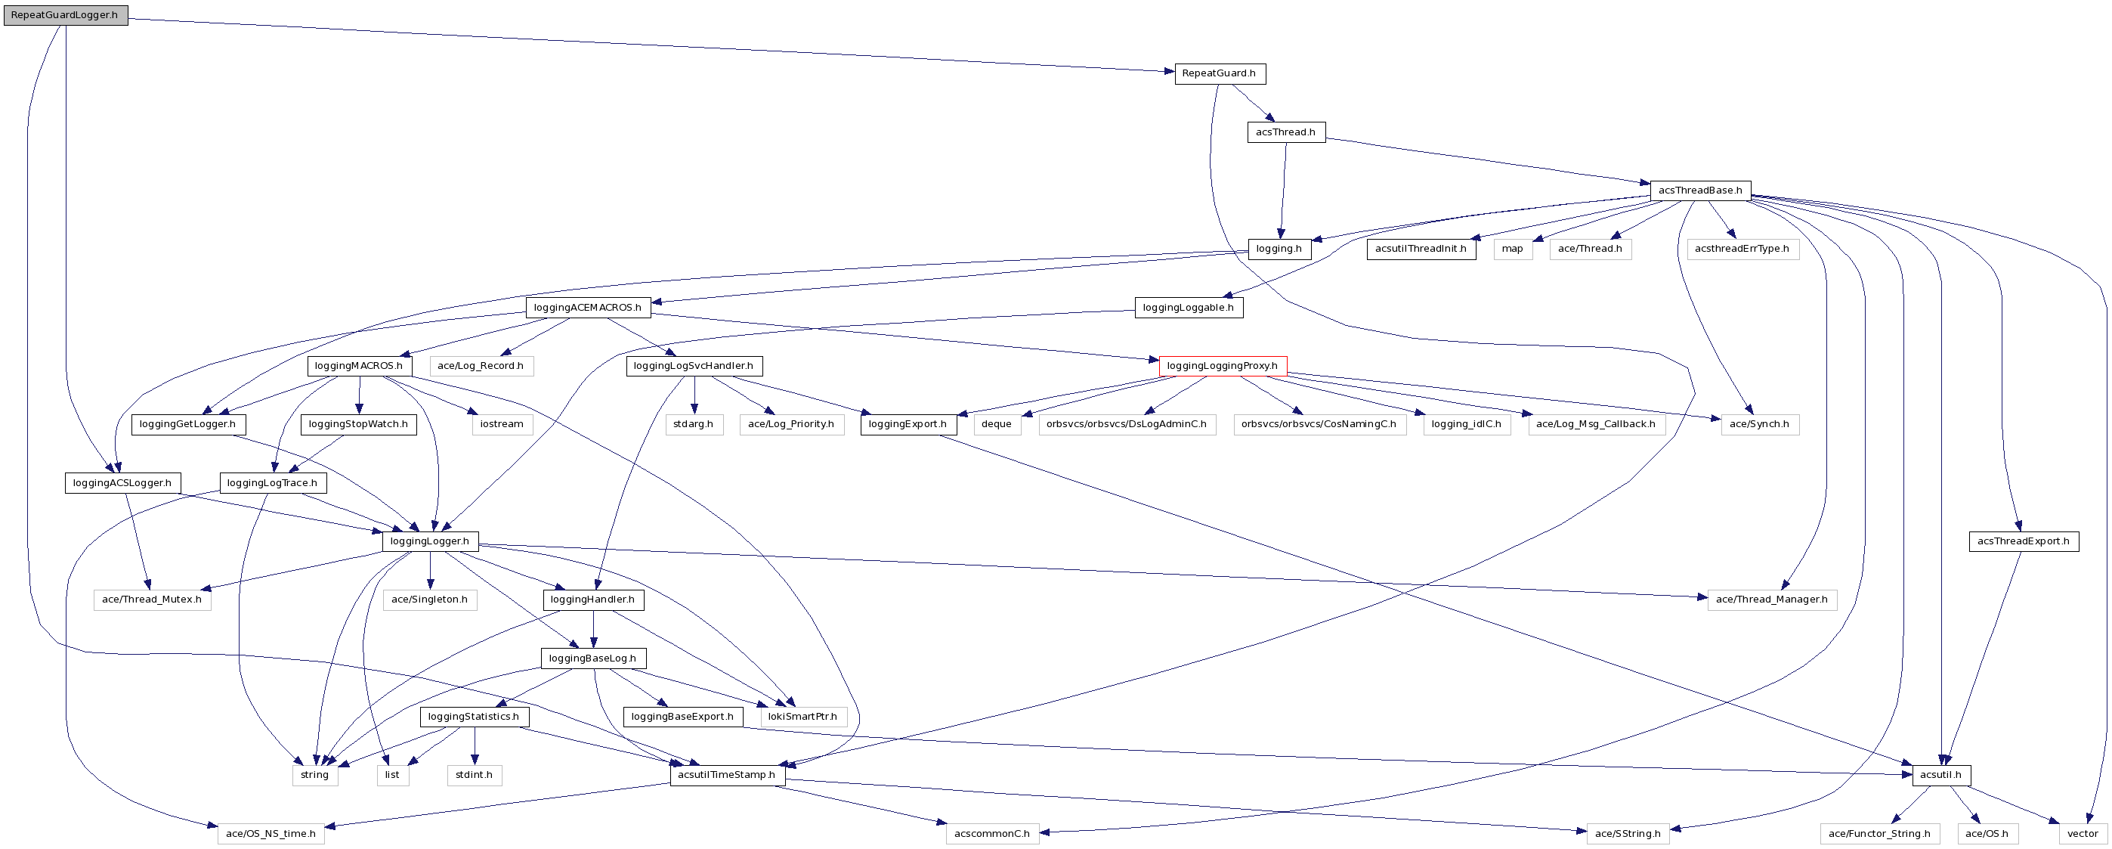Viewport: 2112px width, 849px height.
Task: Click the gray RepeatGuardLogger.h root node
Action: coord(65,15)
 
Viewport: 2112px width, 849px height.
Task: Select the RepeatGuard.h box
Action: coord(1219,73)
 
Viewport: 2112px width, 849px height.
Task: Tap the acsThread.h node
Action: coord(1285,132)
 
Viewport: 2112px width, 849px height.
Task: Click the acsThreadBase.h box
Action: coord(1699,191)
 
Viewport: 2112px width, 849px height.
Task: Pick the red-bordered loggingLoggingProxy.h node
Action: coord(1222,366)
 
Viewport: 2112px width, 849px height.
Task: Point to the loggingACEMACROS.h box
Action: coord(588,308)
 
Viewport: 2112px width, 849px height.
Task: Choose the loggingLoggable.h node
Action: coord(1188,308)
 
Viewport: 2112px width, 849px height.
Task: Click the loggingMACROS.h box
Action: coord(359,366)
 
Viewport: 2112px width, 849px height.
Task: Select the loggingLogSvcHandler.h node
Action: coord(694,366)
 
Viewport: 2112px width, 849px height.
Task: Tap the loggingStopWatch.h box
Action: coord(358,424)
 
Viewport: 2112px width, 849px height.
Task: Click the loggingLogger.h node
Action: coord(430,541)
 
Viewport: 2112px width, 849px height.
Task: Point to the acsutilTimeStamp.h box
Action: coord(726,775)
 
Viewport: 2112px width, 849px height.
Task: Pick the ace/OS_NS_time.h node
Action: coord(271,834)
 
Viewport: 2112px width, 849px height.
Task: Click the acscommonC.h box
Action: coord(992,834)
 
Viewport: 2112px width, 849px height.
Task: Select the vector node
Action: coord(2083,834)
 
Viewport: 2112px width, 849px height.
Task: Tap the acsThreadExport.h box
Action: coord(2023,541)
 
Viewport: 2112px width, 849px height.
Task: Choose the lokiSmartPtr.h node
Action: coord(802,717)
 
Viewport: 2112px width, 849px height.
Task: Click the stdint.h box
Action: coord(474,775)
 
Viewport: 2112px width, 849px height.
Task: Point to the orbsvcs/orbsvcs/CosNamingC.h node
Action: coord(1319,424)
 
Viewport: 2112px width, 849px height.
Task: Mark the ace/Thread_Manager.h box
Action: coord(1771,600)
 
